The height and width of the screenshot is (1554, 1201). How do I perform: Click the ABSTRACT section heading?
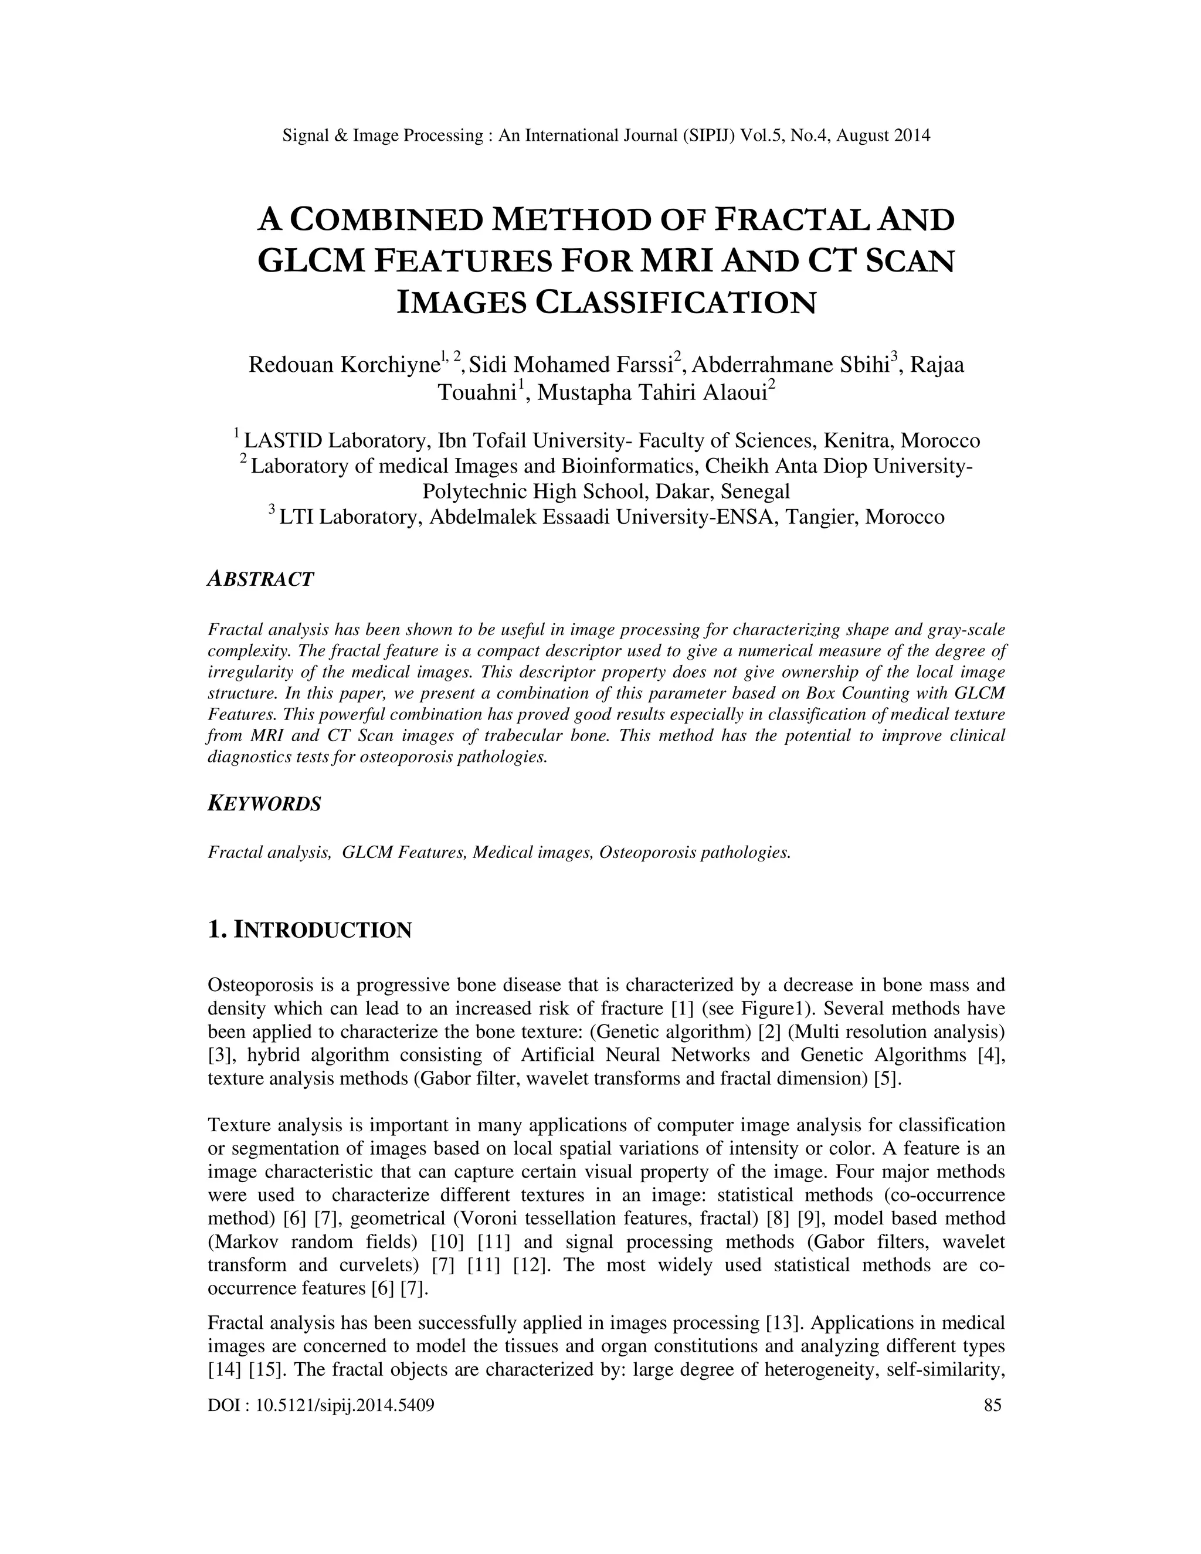[260, 579]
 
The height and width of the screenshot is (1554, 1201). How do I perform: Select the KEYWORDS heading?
[264, 804]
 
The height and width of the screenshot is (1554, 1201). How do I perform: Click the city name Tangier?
[820, 517]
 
